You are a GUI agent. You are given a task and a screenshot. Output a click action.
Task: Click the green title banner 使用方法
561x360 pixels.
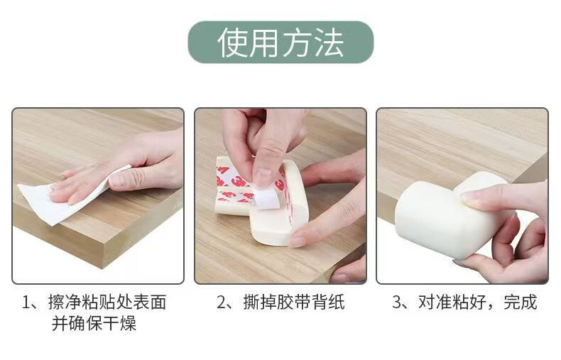tap(280, 42)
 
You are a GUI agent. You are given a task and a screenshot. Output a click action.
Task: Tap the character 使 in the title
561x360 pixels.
tap(232, 43)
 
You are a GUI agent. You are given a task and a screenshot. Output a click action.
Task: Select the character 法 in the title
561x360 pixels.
tap(329, 43)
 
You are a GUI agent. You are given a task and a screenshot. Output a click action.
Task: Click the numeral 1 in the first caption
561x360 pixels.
tap(26, 302)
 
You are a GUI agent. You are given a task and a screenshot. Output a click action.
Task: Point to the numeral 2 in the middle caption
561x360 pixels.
tap(222, 302)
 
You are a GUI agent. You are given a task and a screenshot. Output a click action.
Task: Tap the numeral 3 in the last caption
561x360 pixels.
tap(397, 302)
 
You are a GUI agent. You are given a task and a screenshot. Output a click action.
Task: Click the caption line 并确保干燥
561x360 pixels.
tap(94, 324)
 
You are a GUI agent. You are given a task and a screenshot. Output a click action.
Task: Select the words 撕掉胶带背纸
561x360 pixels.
tap(294, 302)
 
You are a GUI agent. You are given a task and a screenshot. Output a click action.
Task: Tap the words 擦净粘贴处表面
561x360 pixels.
tap(107, 302)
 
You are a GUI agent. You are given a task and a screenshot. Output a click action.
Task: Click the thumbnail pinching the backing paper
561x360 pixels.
tap(262, 178)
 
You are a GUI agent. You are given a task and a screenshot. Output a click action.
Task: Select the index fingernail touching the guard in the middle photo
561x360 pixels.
tap(296, 241)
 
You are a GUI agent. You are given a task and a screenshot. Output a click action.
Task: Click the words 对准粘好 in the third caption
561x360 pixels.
tap(452, 302)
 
